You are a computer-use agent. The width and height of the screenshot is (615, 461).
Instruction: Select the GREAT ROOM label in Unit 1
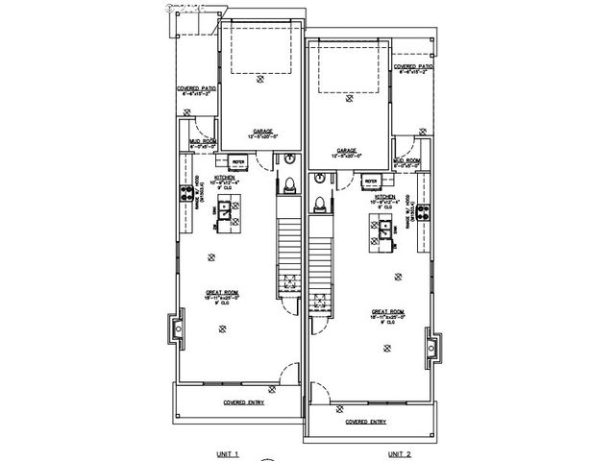click(x=222, y=293)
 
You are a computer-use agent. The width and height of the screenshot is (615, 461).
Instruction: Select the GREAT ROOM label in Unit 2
click(x=388, y=311)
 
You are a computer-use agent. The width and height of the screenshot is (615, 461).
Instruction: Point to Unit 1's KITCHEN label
click(x=228, y=178)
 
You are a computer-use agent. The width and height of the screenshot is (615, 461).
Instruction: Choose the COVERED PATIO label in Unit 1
click(x=195, y=87)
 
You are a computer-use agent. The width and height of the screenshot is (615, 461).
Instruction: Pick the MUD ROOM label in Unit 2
click(x=406, y=161)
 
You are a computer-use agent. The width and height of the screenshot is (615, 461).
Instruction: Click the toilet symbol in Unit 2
click(x=318, y=203)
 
